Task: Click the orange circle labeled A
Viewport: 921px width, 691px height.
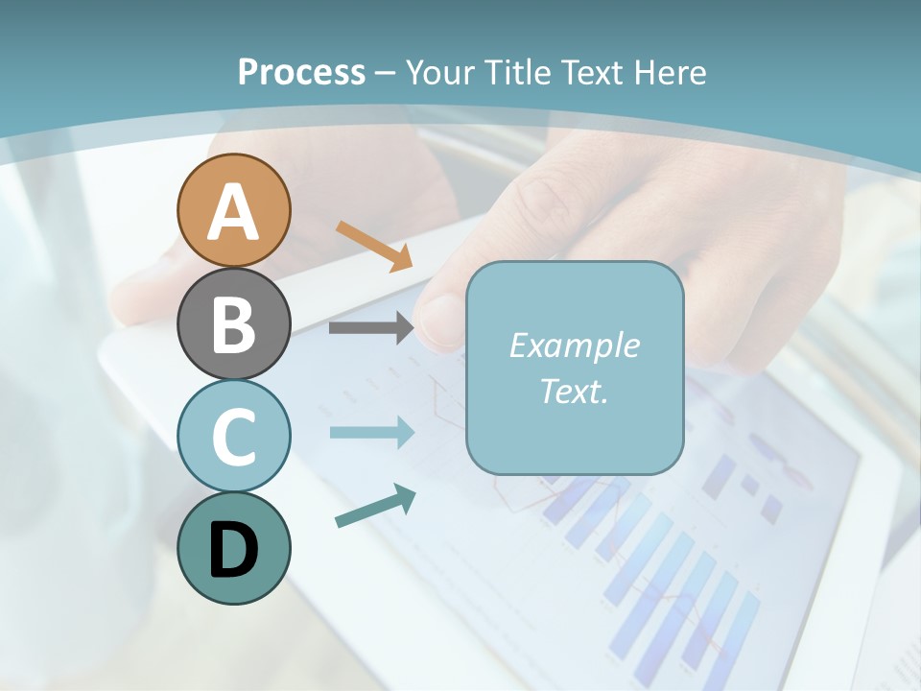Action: click(233, 210)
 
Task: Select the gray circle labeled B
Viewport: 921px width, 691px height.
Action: click(233, 323)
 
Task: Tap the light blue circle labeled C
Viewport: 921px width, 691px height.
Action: click(233, 436)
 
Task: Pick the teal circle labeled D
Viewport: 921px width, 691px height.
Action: click(233, 548)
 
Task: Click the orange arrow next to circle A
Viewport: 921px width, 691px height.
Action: click(374, 246)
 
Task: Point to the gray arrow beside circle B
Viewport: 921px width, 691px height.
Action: click(370, 328)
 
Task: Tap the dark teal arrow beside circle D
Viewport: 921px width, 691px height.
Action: click(375, 506)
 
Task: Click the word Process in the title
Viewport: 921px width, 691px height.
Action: click(301, 72)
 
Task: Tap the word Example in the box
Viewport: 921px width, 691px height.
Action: click(574, 345)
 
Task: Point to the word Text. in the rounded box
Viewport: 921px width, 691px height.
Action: click(574, 391)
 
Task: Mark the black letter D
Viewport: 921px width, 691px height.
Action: click(233, 550)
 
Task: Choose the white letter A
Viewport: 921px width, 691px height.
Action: click(233, 212)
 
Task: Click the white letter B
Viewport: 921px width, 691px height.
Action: click(233, 324)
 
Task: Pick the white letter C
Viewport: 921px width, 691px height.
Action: click(233, 437)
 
